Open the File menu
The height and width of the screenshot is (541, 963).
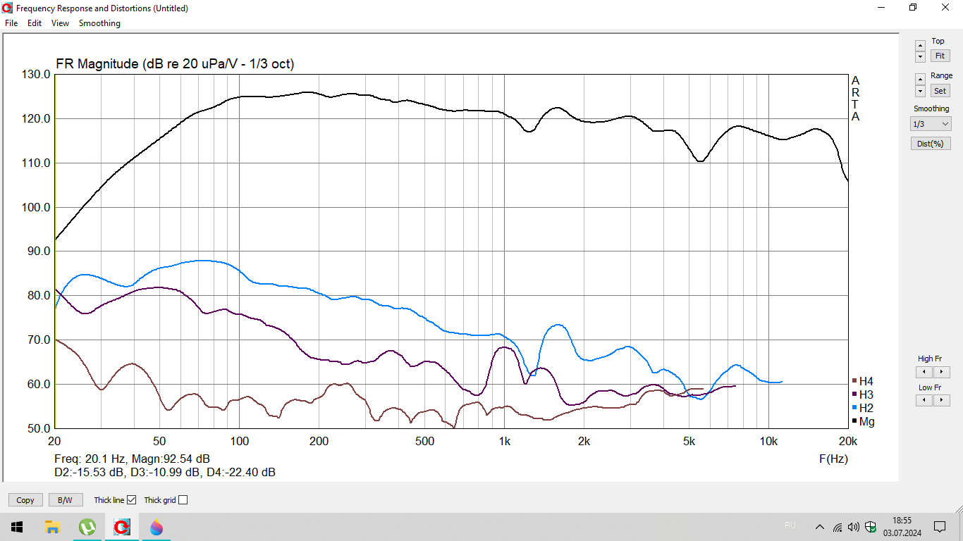[x=11, y=23]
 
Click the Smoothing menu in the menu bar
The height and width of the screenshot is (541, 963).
[x=99, y=23]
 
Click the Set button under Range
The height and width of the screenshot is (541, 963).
[x=940, y=91]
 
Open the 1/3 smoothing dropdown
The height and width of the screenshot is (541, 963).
[x=931, y=124]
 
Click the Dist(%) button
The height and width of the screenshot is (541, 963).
[x=931, y=144]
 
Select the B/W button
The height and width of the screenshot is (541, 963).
[x=65, y=500]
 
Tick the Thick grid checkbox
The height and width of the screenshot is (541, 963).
[x=183, y=500]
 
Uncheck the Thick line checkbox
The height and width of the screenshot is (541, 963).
[x=131, y=500]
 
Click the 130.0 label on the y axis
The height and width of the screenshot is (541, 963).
[x=37, y=75]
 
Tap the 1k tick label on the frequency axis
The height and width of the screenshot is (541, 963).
[x=504, y=442]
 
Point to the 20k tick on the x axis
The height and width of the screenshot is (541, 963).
[x=847, y=442]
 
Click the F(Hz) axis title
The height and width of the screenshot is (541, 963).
[x=833, y=459]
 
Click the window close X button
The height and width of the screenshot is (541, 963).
[x=945, y=8]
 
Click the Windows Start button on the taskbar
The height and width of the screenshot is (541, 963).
[x=16, y=527]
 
